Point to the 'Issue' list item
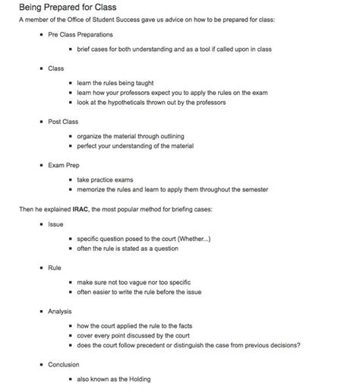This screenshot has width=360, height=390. (x=55, y=224)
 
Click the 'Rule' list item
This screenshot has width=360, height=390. (x=55, y=268)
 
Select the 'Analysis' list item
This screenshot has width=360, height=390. (x=60, y=311)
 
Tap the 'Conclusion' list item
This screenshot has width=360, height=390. (x=64, y=364)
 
